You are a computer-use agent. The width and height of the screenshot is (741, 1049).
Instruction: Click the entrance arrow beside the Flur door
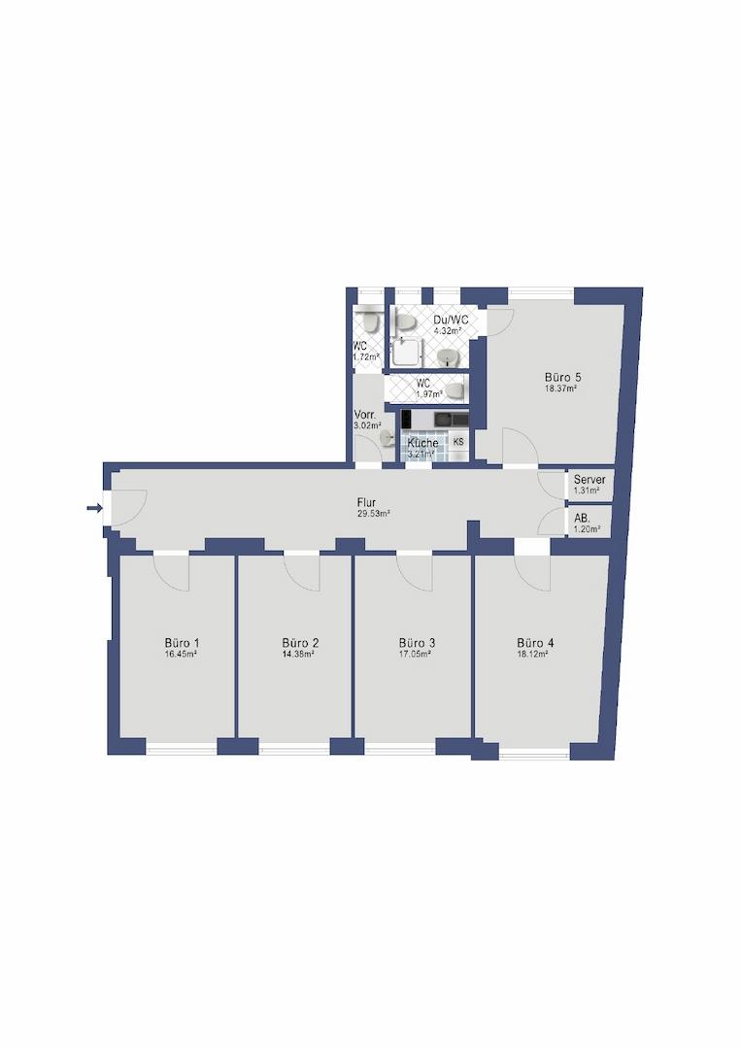(x=94, y=508)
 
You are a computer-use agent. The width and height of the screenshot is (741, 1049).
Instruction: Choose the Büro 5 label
(x=561, y=377)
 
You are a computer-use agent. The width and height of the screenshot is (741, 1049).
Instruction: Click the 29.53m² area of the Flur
(x=373, y=515)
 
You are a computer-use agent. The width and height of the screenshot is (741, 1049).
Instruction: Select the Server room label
(x=589, y=480)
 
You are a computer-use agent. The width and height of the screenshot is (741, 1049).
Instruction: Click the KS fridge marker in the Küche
(x=458, y=442)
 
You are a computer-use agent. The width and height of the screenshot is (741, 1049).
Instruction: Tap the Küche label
(x=422, y=443)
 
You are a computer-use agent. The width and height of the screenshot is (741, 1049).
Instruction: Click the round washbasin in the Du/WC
(x=448, y=357)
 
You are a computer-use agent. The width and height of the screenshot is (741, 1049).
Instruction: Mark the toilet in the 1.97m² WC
(x=455, y=389)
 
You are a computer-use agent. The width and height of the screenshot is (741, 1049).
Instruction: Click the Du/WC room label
(x=451, y=320)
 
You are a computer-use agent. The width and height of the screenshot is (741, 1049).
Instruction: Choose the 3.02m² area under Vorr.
(x=367, y=424)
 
